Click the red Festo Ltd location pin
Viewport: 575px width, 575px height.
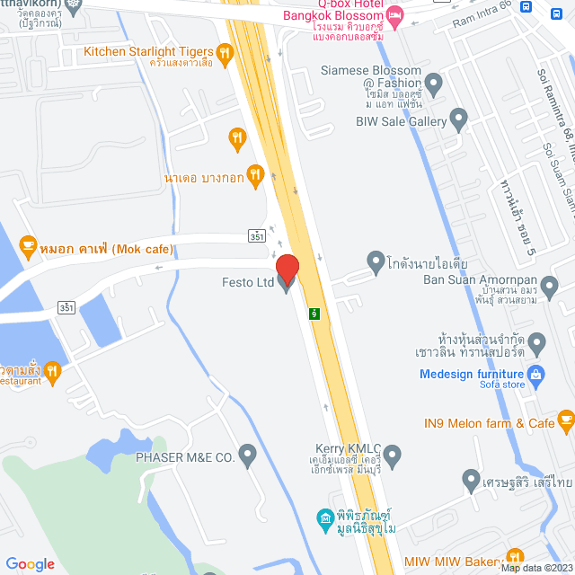point(287,269)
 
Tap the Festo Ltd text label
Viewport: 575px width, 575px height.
point(248,282)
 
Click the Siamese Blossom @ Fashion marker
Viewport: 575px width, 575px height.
point(434,86)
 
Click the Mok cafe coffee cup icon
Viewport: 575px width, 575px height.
point(28,244)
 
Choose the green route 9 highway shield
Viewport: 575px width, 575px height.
point(314,314)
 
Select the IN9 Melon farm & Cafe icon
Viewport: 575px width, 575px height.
point(565,420)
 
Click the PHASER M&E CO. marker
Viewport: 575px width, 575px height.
point(247,457)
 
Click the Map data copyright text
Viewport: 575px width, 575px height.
point(536,568)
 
